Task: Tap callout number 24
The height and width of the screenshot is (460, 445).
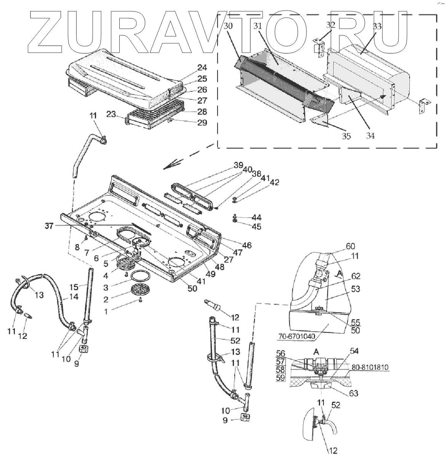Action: [202, 68]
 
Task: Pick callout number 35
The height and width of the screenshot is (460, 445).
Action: [346, 136]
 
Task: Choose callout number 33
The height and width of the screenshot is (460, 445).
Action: [377, 27]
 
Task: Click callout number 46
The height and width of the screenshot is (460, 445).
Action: [247, 245]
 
